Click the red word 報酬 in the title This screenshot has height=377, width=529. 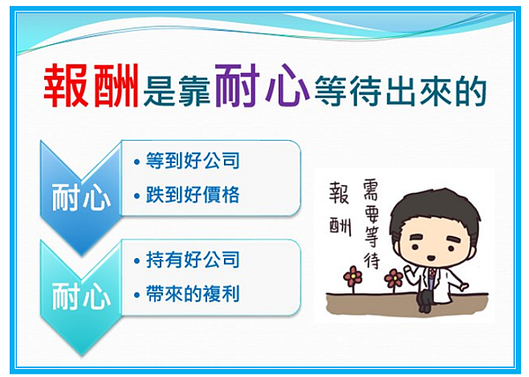[x=91, y=85]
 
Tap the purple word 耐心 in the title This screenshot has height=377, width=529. [x=262, y=85]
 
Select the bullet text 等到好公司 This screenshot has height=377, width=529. [x=192, y=160]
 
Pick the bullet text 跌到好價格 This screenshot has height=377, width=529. [x=192, y=195]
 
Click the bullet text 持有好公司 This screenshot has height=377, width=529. [x=192, y=260]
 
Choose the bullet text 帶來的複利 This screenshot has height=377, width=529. [x=192, y=294]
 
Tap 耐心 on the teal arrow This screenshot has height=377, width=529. [x=81, y=296]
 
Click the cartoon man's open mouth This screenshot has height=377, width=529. [x=432, y=258]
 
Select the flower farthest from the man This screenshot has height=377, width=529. [x=353, y=277]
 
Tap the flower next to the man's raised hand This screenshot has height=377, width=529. [x=394, y=278]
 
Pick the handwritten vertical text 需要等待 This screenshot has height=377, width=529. [x=371, y=224]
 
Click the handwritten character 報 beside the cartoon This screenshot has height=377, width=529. [x=339, y=193]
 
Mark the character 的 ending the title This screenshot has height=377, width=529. [x=470, y=91]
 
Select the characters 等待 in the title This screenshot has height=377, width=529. [x=348, y=91]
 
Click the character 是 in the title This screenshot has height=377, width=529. [x=159, y=91]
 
